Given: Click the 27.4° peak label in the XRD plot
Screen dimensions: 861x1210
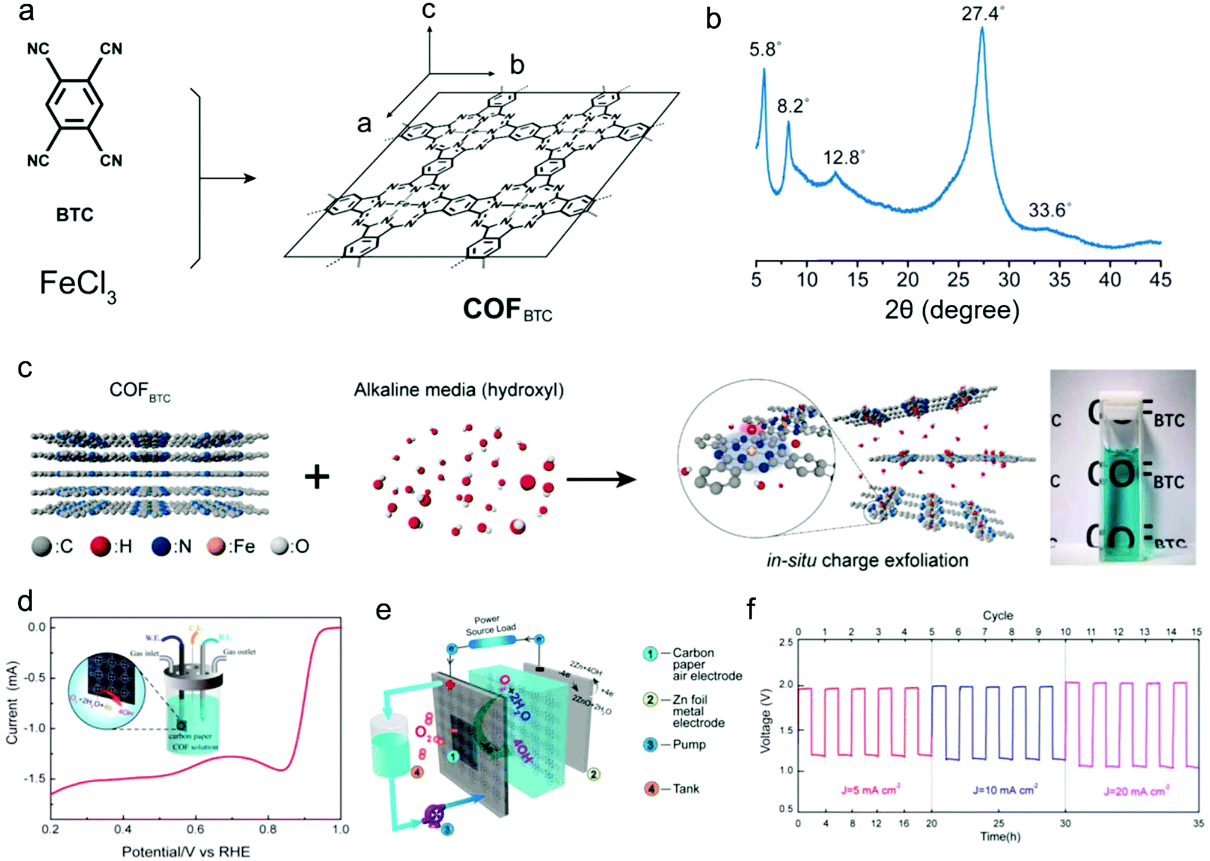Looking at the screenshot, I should pos(982,13).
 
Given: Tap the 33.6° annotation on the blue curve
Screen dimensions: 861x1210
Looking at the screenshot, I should pos(1049,210).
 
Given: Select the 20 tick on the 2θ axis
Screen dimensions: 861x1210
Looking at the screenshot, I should pos(907,280).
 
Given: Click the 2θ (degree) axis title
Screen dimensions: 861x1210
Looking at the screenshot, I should pos(952,310).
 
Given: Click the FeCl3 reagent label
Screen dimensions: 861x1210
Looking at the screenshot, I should pos(78,284).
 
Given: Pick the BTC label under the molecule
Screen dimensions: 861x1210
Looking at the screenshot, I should pos(75,215).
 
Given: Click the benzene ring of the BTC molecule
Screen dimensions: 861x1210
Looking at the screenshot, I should pos(75,105).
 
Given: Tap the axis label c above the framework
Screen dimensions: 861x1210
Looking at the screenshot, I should pos(428,10).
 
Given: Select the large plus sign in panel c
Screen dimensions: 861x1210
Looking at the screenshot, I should pos(317,478).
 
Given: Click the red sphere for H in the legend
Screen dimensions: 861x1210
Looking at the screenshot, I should pos(100,547).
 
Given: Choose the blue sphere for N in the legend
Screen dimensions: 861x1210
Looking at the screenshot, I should pos(161,547).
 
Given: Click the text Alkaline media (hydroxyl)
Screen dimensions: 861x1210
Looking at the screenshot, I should pos(459,390).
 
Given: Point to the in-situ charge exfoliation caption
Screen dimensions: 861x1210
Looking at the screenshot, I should pos(867,560).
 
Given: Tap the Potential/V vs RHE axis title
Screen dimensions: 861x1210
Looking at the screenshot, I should pos(186,851).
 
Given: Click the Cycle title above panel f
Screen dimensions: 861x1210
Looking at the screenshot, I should pos(998,616).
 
